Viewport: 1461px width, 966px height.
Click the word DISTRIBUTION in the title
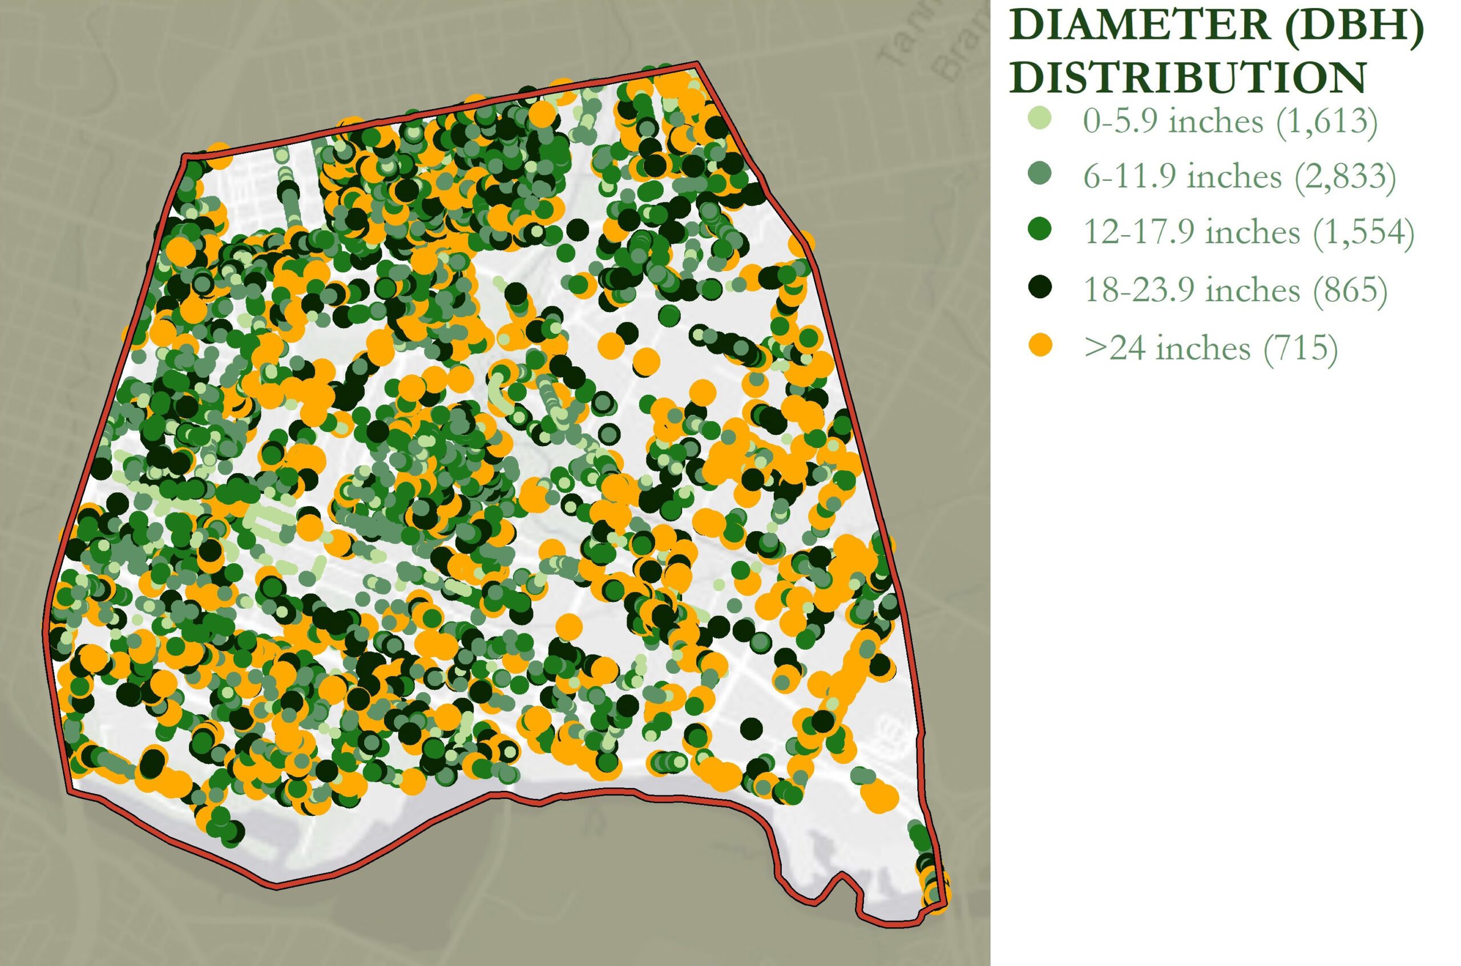pos(1188,79)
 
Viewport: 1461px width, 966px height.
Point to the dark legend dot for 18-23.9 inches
pos(1041,286)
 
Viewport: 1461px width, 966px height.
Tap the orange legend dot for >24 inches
pos(1041,345)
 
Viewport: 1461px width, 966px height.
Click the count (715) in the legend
pos(1300,347)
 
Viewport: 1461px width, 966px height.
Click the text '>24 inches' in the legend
pos(1167,347)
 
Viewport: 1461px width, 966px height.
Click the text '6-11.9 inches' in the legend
pos(1181,177)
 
